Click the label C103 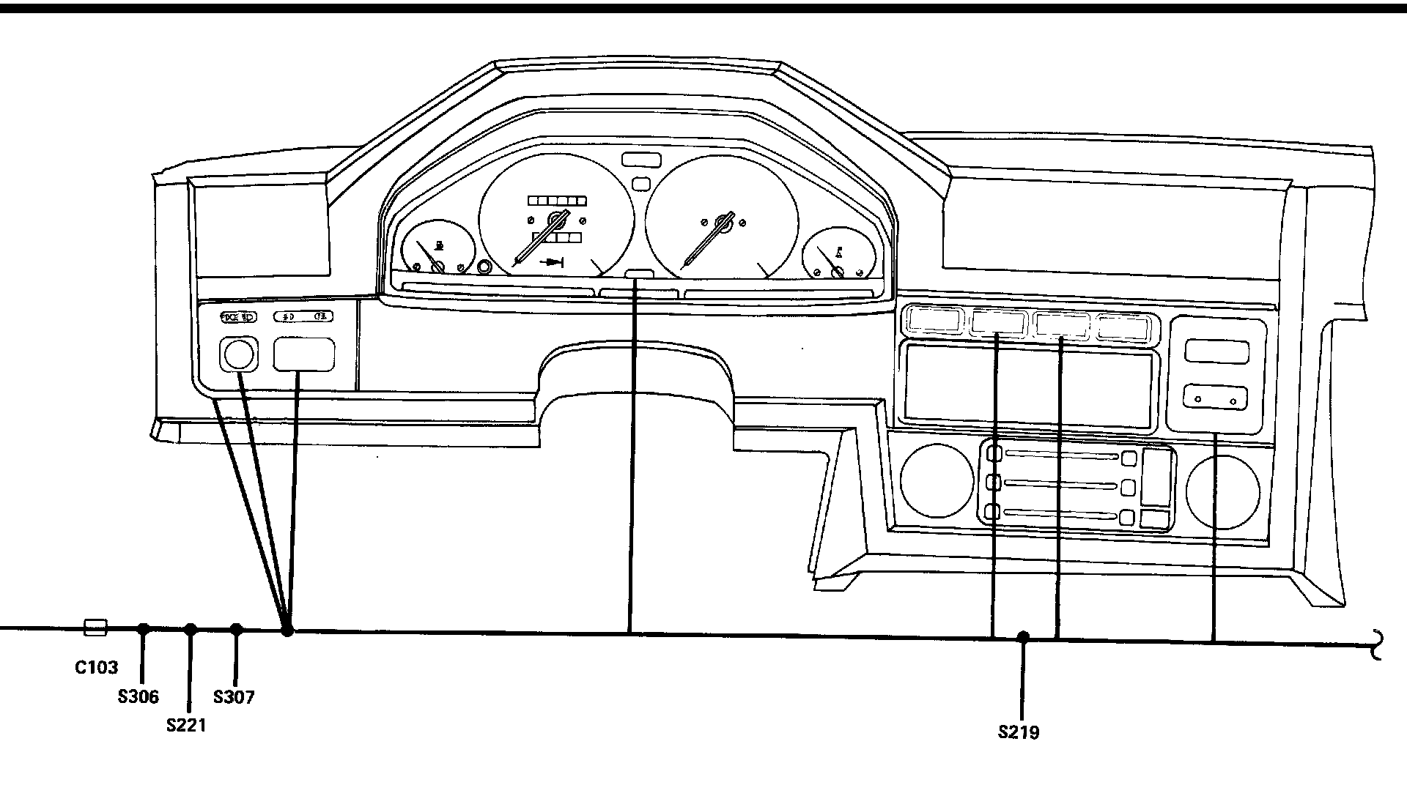pos(96,667)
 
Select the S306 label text pos(138,697)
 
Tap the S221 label pos(186,726)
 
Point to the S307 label pos(234,697)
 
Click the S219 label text pos(1018,732)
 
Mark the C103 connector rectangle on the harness pos(96,628)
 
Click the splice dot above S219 pos(1023,637)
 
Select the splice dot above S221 pos(191,629)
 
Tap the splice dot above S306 pos(144,629)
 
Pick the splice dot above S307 pos(236,629)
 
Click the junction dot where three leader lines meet pos(287,630)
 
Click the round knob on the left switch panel pos(238,355)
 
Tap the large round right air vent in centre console pos(1222,491)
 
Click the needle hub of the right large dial pos(724,223)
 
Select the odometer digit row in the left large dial pos(558,201)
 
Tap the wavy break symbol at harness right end pos(1378,644)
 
